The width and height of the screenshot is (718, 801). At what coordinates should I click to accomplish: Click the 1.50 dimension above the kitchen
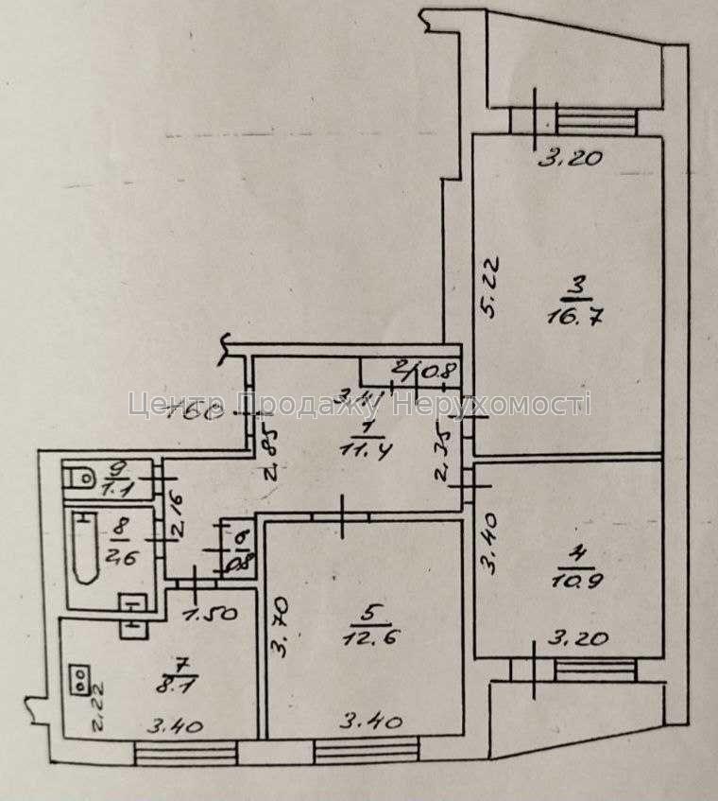coord(202,615)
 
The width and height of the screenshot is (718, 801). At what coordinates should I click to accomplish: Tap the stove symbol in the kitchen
coord(81,678)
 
